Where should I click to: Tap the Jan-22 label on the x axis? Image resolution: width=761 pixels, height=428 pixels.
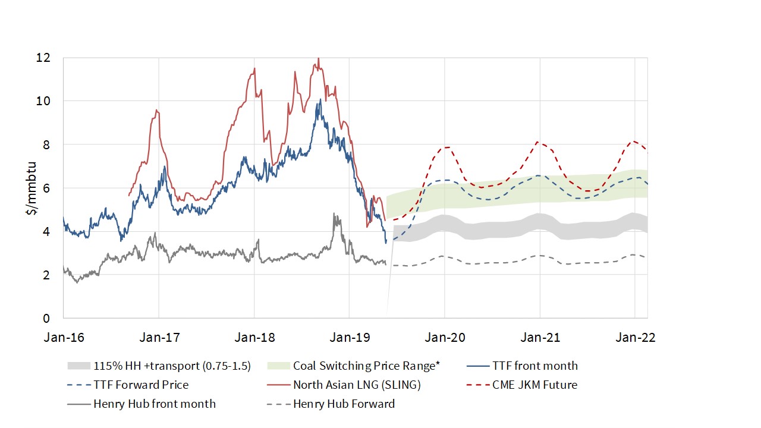click(x=635, y=337)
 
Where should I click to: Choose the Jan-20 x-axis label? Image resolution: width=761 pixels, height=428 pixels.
click(x=444, y=337)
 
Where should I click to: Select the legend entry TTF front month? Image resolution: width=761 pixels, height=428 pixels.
click(x=534, y=366)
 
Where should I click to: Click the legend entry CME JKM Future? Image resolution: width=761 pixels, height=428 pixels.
click(x=534, y=385)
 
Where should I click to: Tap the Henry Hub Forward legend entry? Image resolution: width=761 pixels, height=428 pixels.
click(x=344, y=404)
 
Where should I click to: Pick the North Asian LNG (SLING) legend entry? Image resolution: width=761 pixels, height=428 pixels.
click(x=357, y=385)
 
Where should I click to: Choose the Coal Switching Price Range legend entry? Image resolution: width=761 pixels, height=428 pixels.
click(x=365, y=366)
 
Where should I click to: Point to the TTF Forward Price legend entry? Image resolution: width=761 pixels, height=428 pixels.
click(x=141, y=385)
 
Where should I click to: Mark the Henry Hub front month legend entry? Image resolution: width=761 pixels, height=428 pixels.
click(x=155, y=404)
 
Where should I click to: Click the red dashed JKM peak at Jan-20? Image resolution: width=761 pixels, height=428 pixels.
click(x=446, y=147)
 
